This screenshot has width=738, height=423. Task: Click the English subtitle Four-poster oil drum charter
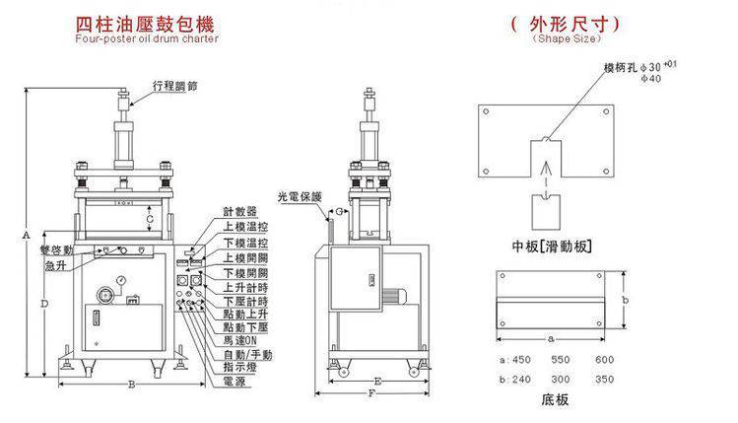click(145, 39)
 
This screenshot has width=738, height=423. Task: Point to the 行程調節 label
click(176, 87)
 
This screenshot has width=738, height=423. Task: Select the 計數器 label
click(239, 211)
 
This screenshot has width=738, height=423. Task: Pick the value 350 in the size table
click(604, 378)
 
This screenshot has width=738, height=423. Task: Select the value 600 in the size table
click(604, 361)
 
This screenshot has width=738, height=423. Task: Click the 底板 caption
click(555, 402)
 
